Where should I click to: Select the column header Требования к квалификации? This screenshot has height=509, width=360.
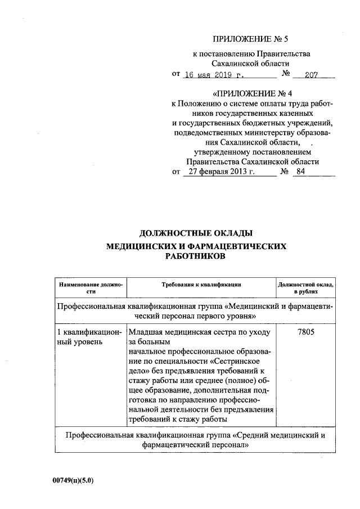point(201,285)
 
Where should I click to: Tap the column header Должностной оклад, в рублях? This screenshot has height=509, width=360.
point(306,288)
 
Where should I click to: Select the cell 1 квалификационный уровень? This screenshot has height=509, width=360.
point(88,337)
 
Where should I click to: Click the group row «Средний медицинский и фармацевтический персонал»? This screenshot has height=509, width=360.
point(197,439)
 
